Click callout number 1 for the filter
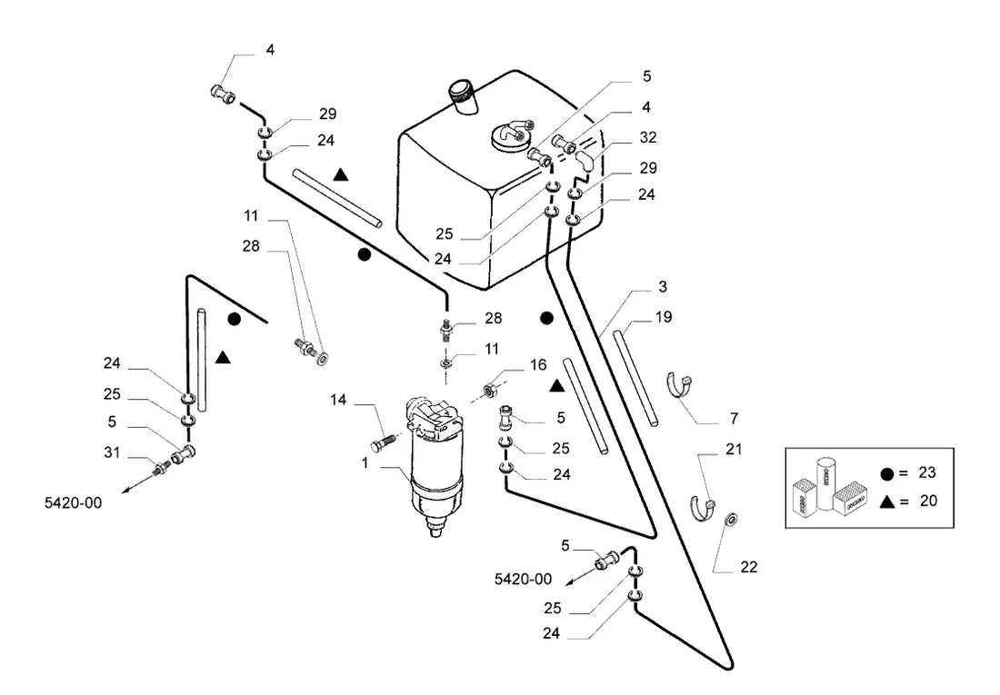(365, 462)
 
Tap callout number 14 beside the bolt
(338, 400)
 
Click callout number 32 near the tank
(648, 137)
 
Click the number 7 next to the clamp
(734, 418)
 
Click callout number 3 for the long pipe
(663, 287)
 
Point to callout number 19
(664, 317)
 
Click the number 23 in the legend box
(927, 472)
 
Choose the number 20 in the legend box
(928, 501)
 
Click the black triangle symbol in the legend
(886, 501)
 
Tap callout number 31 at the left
(112, 452)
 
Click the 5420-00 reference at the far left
(74, 502)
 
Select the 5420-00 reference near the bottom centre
(524, 579)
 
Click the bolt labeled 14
(382, 442)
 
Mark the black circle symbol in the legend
(886, 473)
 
